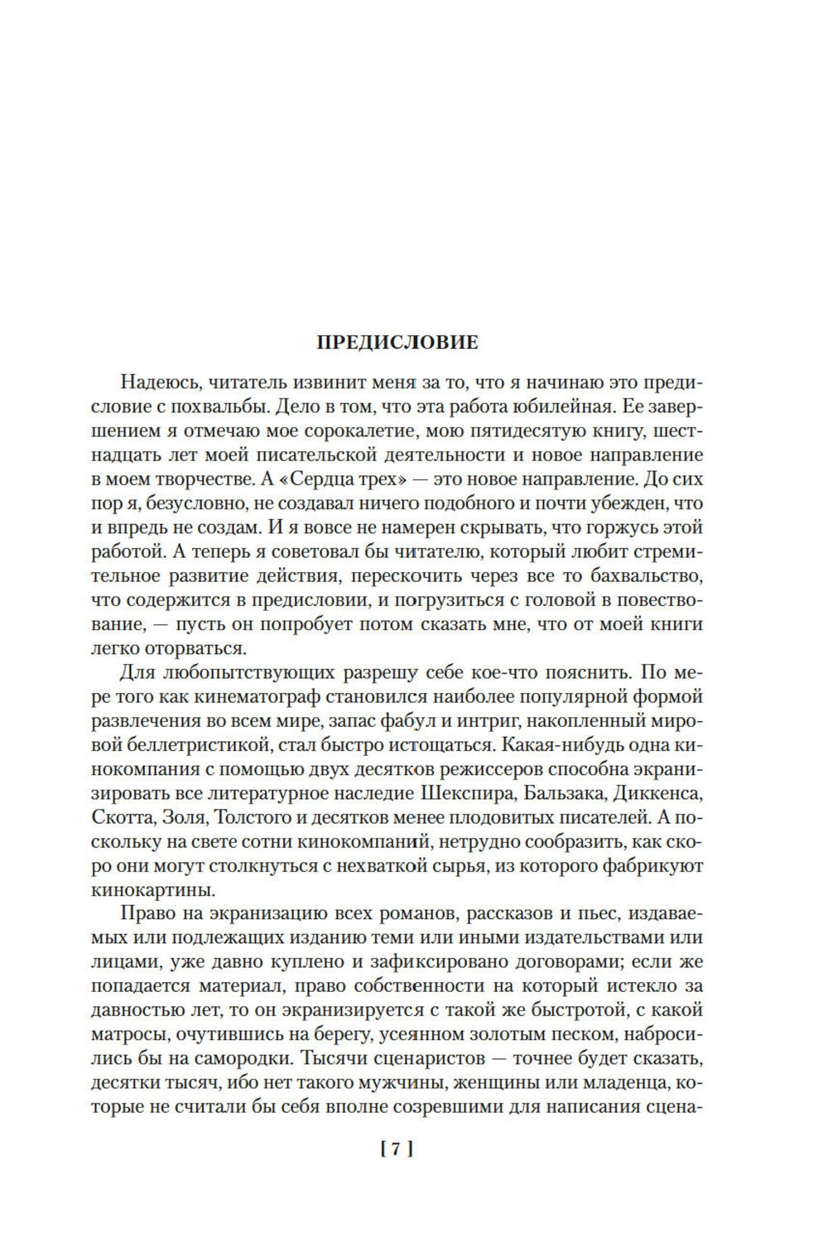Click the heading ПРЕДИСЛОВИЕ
point(398,342)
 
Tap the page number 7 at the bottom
point(396,1148)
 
